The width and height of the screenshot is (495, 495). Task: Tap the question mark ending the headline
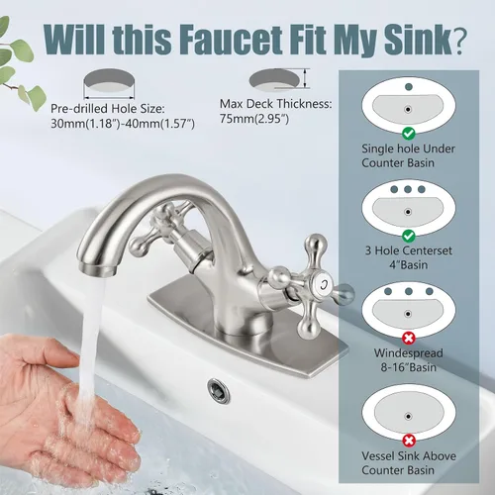click(x=459, y=39)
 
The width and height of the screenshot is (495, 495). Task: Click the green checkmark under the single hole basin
click(x=409, y=134)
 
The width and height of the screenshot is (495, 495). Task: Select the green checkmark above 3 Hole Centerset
click(x=409, y=236)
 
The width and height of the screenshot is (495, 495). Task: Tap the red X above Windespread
click(x=409, y=339)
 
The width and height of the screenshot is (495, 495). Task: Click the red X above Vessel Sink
click(x=409, y=441)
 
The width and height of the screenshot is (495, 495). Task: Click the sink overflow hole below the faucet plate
click(x=219, y=390)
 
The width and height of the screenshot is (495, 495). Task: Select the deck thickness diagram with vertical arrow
click(x=279, y=79)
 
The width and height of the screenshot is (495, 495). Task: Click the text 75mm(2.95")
click(x=254, y=119)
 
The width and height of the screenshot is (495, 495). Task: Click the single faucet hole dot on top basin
click(x=409, y=87)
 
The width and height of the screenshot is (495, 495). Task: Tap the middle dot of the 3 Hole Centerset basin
click(x=408, y=189)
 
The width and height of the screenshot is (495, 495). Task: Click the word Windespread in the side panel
click(x=409, y=353)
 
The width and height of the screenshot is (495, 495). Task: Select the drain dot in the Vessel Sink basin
click(x=408, y=417)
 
